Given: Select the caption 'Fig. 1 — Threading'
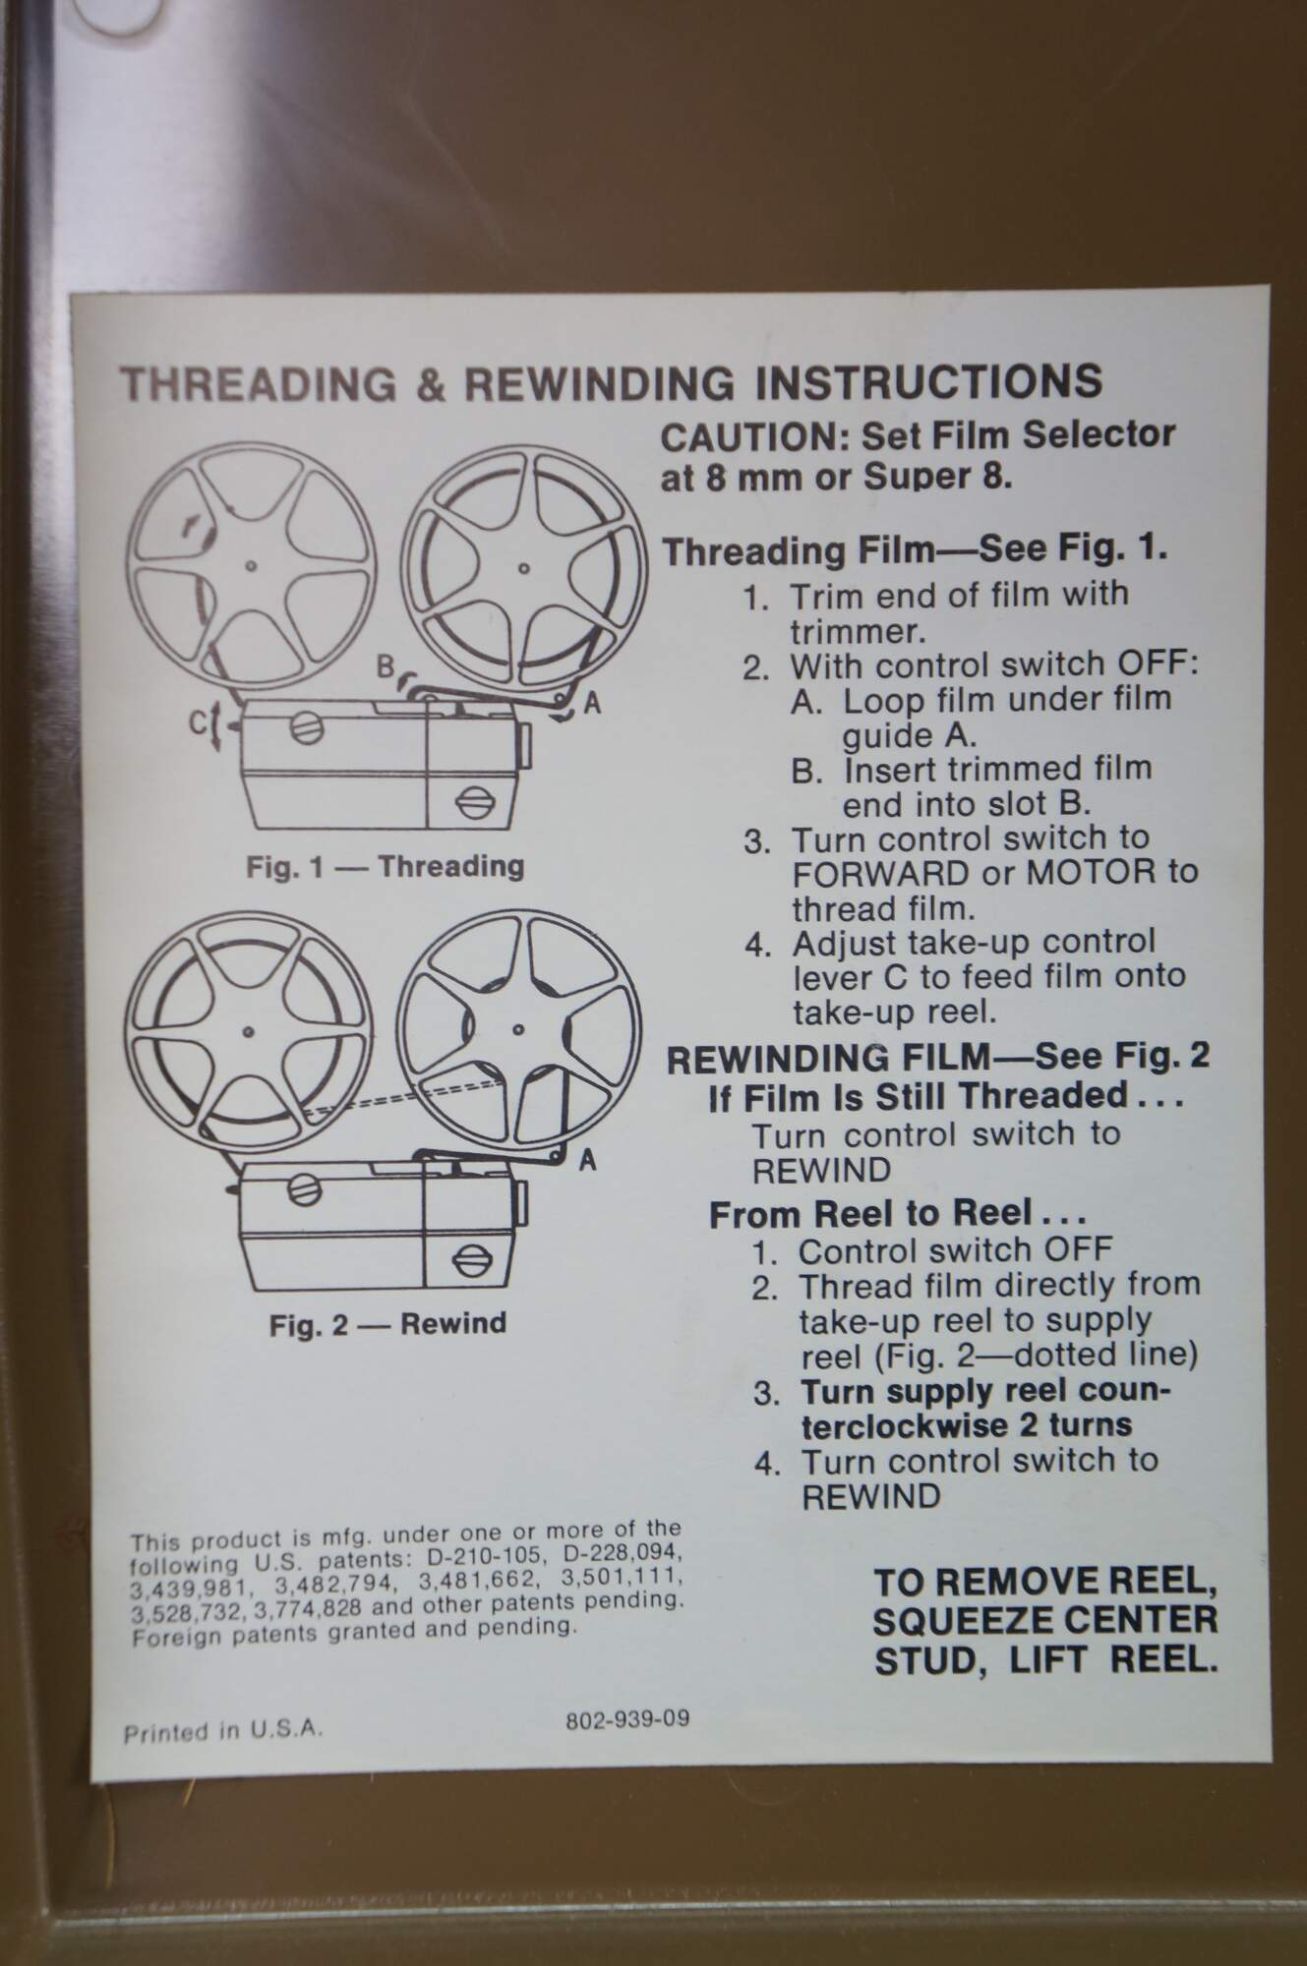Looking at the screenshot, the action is coord(385,867).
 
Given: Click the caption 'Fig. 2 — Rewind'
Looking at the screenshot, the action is coord(387,1324).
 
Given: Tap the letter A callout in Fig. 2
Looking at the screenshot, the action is coord(587,1161).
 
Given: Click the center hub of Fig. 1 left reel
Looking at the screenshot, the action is coord(252,566).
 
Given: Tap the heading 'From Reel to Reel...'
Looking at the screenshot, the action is coord(898,1214).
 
